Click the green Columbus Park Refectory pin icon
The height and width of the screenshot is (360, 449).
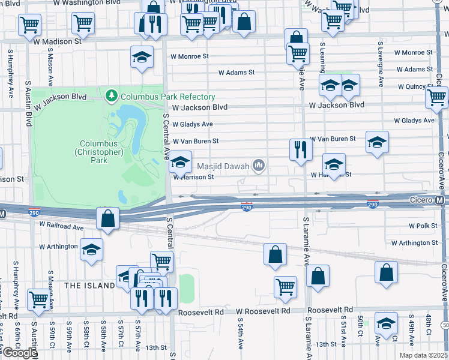click(110, 96)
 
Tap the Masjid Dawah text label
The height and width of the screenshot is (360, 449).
click(227, 164)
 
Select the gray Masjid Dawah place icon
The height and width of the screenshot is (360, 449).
click(259, 164)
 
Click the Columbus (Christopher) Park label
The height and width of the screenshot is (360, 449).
click(102, 148)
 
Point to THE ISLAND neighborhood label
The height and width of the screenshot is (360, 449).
click(89, 285)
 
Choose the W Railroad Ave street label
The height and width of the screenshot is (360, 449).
click(61, 227)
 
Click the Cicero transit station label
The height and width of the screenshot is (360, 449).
click(421, 199)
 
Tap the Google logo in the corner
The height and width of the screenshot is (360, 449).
click(20, 353)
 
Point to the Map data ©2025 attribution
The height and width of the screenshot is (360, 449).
click(423, 355)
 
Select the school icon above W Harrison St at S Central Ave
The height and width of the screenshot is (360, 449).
click(180, 161)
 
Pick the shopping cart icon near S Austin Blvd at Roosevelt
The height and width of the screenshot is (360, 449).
click(38, 299)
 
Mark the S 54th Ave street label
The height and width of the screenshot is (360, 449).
click(240, 343)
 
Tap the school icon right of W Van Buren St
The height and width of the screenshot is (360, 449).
click(377, 142)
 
